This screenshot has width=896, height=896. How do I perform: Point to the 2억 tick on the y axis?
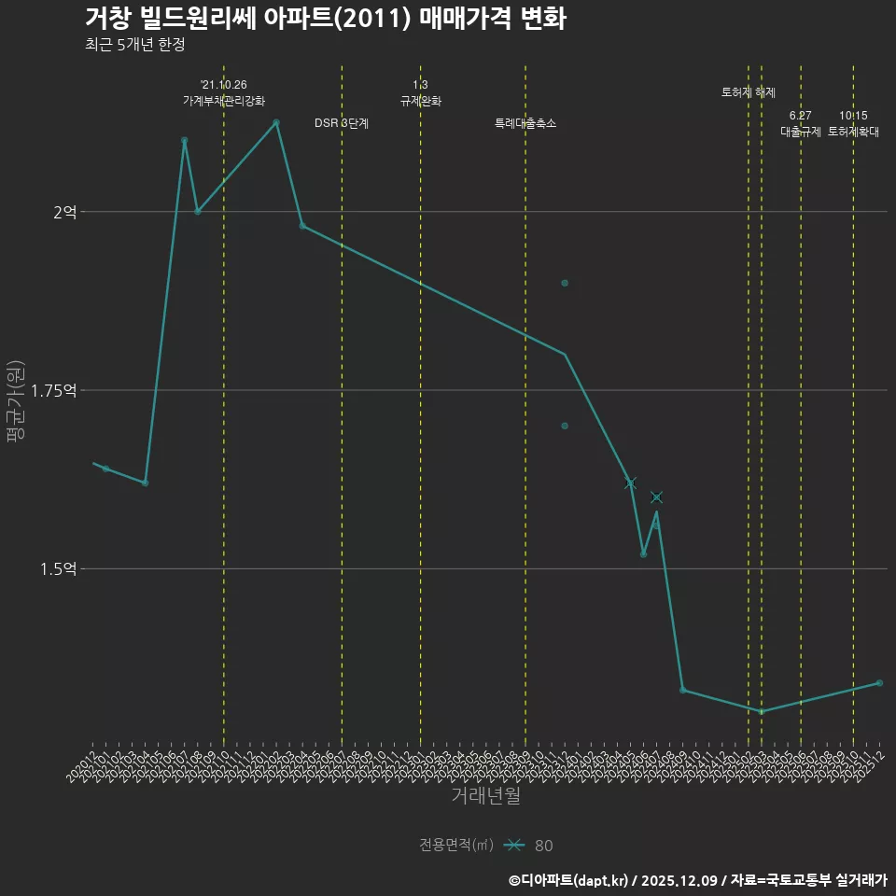[64, 212]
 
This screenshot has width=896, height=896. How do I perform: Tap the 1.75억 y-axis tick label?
[53, 390]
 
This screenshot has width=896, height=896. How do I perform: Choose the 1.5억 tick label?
[59, 568]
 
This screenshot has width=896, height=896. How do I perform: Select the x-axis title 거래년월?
[485, 795]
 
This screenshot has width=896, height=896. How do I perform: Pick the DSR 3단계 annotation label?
[342, 123]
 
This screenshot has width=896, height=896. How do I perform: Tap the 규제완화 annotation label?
[420, 101]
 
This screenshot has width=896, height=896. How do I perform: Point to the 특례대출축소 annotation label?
[525, 123]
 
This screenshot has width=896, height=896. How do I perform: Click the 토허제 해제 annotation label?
[749, 92]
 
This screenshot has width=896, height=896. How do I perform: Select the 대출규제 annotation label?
[801, 132]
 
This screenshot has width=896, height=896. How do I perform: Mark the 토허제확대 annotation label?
[853, 132]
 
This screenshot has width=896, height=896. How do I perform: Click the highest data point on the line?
[276, 122]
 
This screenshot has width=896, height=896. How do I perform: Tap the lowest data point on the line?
[762, 711]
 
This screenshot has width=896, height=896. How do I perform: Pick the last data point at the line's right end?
[879, 683]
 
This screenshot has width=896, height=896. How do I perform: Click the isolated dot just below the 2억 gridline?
[565, 283]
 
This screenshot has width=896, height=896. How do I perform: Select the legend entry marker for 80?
[512, 846]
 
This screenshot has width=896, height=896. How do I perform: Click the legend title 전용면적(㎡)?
[456, 846]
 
